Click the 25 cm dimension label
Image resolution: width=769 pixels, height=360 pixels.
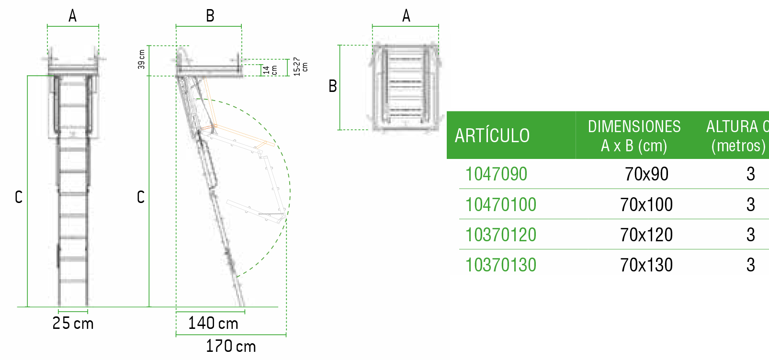(73, 324)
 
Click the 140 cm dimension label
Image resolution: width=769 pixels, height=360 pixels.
(213, 324)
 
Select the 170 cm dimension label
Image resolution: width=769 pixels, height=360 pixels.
(231, 346)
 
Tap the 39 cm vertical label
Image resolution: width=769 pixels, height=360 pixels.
(141, 59)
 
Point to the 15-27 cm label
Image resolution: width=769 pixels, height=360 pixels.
(300, 66)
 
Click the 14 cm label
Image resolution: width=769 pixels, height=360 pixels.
(270, 70)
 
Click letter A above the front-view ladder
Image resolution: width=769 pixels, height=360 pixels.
(72, 16)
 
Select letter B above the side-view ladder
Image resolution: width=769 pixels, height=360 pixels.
(210, 16)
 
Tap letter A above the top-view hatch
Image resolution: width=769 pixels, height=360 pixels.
(406, 16)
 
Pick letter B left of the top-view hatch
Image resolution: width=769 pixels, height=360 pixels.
(332, 87)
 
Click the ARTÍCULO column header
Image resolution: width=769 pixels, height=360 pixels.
(492, 136)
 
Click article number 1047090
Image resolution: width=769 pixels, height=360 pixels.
(496, 174)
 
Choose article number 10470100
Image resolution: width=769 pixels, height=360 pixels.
(501, 205)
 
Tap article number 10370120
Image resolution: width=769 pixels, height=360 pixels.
(501, 235)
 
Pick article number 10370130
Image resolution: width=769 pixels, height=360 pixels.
(501, 265)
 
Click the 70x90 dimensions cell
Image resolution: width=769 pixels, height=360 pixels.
(646, 174)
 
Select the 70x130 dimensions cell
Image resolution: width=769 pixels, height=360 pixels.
(646, 265)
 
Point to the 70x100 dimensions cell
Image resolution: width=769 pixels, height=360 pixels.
(646, 205)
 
